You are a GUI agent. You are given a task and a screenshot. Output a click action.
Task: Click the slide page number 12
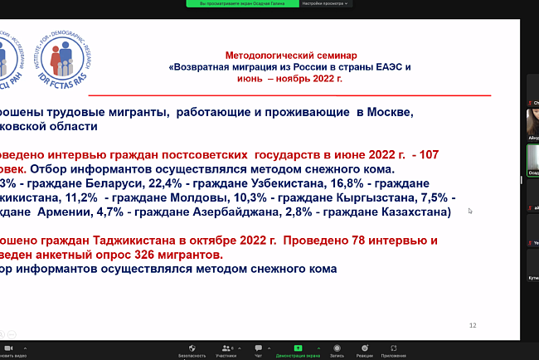coord(473,325)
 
